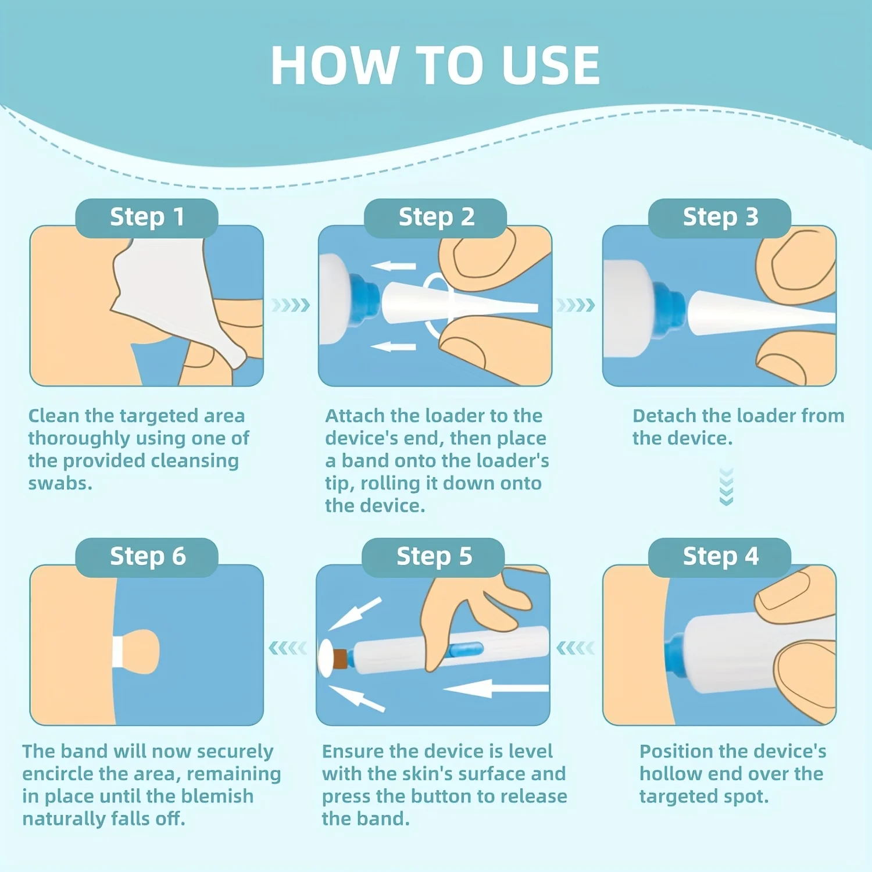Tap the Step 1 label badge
(x=146, y=217)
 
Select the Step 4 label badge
(x=720, y=556)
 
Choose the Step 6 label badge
(x=146, y=556)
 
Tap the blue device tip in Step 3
(x=669, y=308)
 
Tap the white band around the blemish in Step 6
(x=117, y=651)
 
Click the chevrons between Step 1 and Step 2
(x=291, y=305)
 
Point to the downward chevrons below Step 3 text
(x=726, y=487)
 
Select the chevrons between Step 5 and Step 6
(x=288, y=648)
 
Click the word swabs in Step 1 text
(x=60, y=483)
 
